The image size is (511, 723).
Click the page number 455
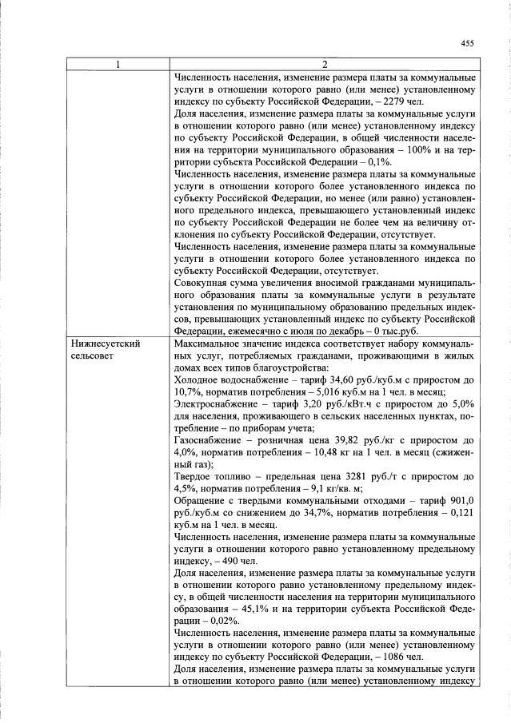(x=468, y=44)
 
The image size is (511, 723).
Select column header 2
(x=324, y=65)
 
